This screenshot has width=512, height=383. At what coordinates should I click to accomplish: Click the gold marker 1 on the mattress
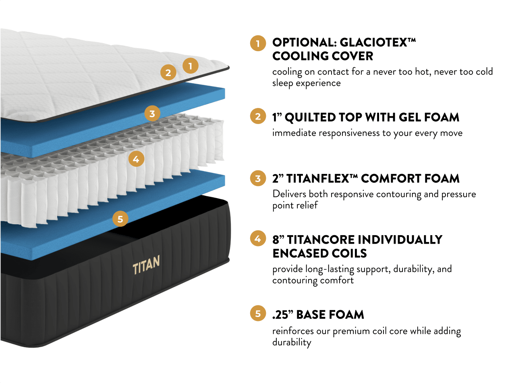pos(190,66)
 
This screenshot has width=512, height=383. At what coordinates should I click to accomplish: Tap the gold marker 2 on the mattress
pos(168,72)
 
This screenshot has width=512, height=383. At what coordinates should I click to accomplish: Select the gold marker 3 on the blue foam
pos(152,114)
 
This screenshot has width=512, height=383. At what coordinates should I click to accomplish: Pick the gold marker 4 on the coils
pos(136,159)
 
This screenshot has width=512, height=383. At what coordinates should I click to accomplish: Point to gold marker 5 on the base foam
pos(120,219)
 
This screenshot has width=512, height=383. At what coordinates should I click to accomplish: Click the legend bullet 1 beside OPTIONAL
pos(258,43)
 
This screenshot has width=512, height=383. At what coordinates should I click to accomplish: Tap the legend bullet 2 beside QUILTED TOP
pos(258,116)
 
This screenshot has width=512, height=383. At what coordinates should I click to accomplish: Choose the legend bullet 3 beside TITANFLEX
pos(258,178)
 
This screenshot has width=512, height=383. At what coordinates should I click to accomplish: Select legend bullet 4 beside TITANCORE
pos(258,238)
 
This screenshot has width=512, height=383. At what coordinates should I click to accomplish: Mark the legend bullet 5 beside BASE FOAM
pos(258,313)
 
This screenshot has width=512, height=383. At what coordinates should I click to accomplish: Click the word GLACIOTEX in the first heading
pos(377,42)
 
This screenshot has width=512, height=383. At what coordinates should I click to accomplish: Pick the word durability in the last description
pos(292,342)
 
